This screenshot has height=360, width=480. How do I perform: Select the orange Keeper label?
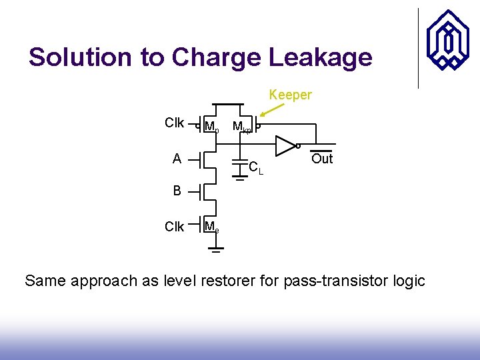click(290, 95)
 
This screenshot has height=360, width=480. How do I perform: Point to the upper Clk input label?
click(175, 123)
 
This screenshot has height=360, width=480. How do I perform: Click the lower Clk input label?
click(175, 227)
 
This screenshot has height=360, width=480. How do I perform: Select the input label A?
click(177, 159)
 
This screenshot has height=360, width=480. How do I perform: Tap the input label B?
click(177, 191)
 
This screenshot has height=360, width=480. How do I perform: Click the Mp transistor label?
click(211, 127)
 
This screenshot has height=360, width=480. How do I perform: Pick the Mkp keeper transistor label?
click(241, 127)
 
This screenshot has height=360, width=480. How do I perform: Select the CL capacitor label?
click(255, 167)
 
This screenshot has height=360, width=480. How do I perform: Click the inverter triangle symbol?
click(286, 145)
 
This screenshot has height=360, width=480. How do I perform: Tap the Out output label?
click(322, 159)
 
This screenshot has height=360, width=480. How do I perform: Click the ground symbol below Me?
click(215, 251)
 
